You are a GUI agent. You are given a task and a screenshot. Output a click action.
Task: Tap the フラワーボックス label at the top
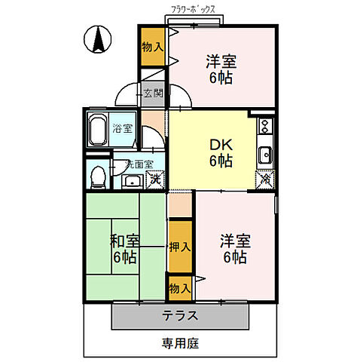click(x=192, y=9)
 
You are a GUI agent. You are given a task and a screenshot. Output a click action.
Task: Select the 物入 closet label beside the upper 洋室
click(x=152, y=47)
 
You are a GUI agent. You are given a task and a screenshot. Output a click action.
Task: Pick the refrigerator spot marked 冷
click(x=265, y=179)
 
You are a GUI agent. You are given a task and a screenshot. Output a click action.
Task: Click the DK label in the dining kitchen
click(x=220, y=144)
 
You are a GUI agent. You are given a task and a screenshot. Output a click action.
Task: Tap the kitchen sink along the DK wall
click(x=265, y=155)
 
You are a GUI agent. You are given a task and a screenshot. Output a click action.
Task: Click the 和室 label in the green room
click(x=125, y=241)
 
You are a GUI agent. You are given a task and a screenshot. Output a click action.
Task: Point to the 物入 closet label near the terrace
click(x=178, y=287)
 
